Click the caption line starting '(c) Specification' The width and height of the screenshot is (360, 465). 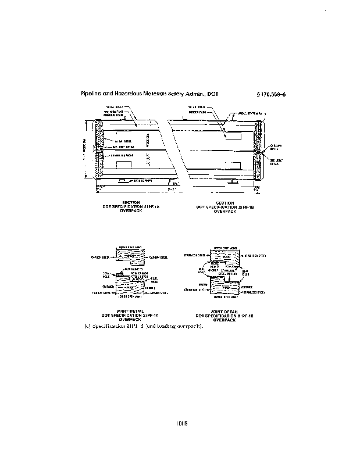point(143,325)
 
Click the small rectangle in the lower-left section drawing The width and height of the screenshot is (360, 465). point(124,165)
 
